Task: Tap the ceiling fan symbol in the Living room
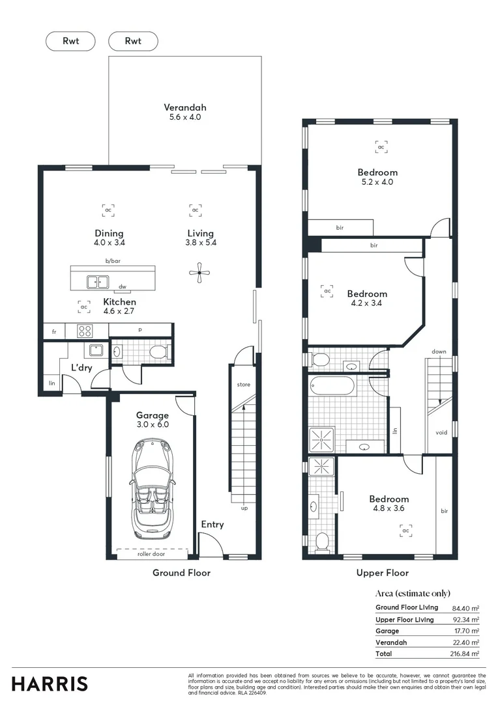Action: (x=199, y=273)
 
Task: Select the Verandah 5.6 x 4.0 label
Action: (x=186, y=112)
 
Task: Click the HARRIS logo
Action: (x=50, y=683)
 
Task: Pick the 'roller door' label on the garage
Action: (x=151, y=555)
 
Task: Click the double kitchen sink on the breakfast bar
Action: (x=98, y=282)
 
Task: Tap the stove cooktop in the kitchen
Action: (x=85, y=331)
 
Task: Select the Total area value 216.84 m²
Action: (x=466, y=654)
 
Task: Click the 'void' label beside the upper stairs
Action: (x=441, y=432)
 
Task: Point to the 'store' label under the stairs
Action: (x=243, y=385)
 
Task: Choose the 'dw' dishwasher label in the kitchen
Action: (x=122, y=286)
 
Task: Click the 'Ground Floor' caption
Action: (x=181, y=573)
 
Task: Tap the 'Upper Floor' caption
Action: (x=383, y=573)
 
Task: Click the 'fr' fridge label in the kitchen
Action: (x=54, y=331)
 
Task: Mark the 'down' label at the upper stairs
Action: (x=439, y=351)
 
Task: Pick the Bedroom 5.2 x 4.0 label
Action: (x=377, y=177)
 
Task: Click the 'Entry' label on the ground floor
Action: (x=212, y=524)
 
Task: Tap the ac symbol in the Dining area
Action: (x=108, y=210)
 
